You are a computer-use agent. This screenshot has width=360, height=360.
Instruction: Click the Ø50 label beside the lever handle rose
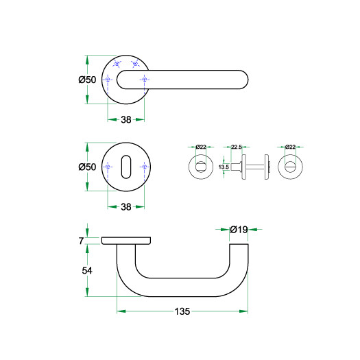(x=87, y=80)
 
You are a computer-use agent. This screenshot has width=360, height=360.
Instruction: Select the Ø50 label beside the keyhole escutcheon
(x=87, y=167)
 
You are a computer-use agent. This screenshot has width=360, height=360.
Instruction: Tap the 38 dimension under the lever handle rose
(x=126, y=119)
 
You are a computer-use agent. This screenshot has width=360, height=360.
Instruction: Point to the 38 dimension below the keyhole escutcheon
(x=126, y=207)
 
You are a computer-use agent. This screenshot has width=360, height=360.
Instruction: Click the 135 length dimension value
(x=182, y=311)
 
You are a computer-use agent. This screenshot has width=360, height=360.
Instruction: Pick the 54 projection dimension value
(x=87, y=271)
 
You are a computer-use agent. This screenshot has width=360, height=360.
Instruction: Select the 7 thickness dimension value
(x=81, y=241)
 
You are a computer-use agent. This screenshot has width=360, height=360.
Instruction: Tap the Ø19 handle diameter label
(x=239, y=229)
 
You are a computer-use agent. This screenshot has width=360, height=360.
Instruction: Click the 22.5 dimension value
(x=237, y=147)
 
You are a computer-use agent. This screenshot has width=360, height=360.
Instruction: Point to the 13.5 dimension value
(x=224, y=167)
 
